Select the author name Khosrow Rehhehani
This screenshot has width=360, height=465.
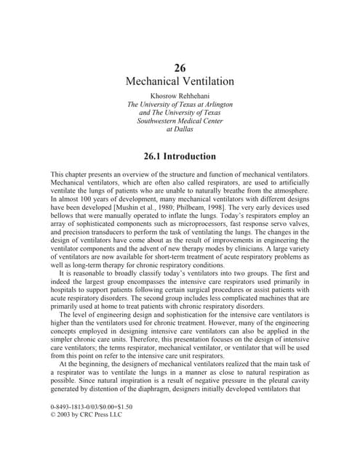180,96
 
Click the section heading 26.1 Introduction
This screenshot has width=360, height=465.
180,156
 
